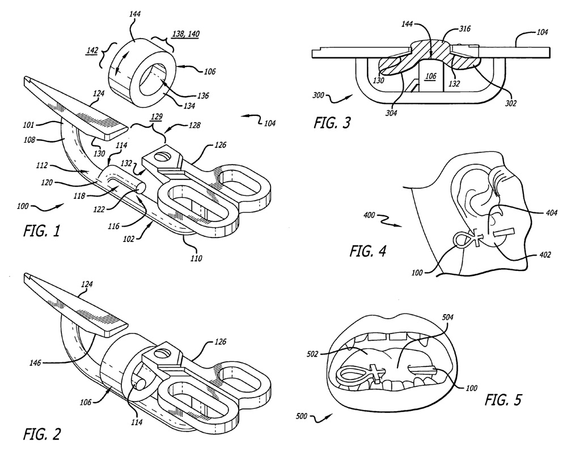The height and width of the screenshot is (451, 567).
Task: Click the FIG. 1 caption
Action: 41,231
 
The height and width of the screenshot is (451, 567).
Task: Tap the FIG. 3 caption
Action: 332,123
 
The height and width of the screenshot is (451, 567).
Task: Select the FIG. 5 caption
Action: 503,400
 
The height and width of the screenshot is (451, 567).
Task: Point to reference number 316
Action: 465,28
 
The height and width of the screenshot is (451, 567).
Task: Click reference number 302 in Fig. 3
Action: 511,103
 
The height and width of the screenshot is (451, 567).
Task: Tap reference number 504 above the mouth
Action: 448,318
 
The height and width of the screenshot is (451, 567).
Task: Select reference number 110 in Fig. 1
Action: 196,258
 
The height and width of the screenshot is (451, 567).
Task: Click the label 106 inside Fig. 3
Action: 431,76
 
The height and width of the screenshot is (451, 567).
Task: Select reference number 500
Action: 302,416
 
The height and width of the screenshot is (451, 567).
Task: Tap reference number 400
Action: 369,215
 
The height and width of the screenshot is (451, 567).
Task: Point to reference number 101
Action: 28,125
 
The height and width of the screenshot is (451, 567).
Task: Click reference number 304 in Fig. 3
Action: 391,113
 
